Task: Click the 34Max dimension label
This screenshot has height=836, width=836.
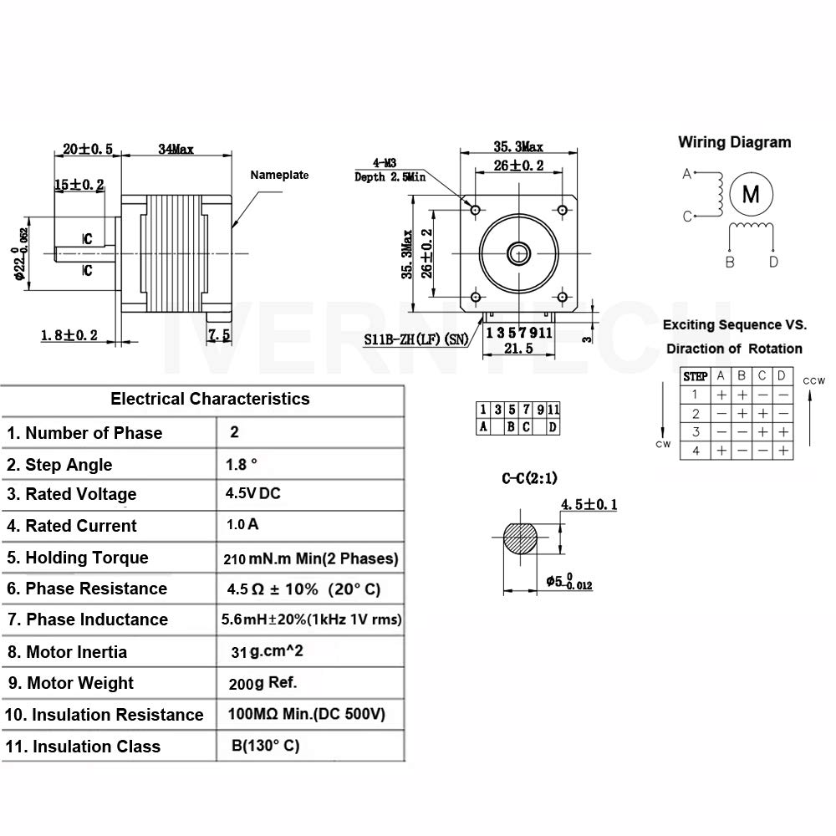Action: click(x=176, y=150)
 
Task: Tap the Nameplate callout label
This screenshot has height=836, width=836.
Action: click(x=279, y=175)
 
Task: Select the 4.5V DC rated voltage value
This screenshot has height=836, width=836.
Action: click(x=252, y=493)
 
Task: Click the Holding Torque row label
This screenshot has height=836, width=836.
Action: click(x=77, y=558)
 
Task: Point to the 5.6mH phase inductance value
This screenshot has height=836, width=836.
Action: click(x=311, y=619)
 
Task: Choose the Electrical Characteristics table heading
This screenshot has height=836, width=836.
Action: click(x=210, y=399)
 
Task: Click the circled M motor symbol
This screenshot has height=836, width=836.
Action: click(x=751, y=194)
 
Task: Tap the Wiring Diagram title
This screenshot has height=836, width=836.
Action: click(x=734, y=142)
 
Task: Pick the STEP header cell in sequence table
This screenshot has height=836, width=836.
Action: click(x=696, y=376)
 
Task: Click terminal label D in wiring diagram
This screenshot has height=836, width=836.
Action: click(x=773, y=262)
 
